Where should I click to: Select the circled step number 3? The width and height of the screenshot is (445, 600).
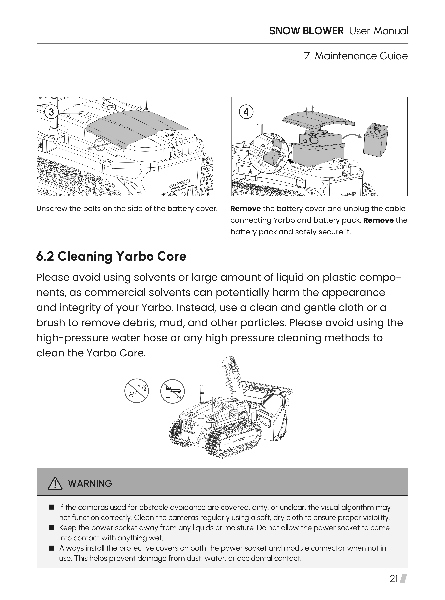(51, 112)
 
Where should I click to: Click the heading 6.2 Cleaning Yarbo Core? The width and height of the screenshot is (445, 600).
(111, 256)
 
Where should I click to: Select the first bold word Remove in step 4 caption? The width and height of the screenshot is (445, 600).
(245, 209)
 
